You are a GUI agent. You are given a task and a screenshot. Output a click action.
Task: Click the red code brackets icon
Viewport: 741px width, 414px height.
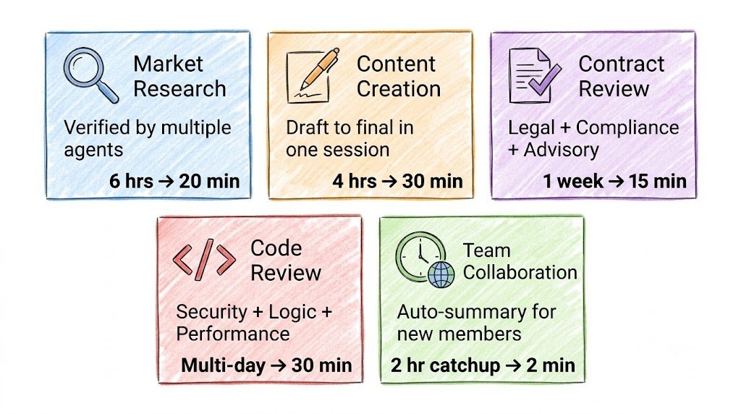tap(204, 259)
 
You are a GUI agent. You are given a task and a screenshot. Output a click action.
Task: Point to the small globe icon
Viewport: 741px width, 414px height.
tap(441, 274)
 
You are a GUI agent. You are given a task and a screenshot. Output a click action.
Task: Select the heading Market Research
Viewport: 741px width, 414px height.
tap(179, 76)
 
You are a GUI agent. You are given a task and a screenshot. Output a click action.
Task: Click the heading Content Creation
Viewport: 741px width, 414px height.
tap(399, 76)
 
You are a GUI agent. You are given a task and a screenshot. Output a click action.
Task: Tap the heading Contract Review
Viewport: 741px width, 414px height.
tap(622, 76)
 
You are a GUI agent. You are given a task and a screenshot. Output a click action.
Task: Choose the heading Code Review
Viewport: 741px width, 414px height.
tap(285, 261)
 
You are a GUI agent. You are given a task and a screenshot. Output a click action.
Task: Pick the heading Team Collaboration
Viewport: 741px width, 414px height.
tap(520, 261)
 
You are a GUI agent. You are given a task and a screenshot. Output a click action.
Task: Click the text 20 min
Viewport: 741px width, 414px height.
tap(209, 181)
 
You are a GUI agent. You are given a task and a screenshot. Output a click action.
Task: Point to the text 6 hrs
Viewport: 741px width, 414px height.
tap(132, 181)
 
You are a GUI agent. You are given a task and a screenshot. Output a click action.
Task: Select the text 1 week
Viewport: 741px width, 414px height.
tap(573, 181)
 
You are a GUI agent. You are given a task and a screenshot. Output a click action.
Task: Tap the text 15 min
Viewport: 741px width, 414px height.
tap(657, 181)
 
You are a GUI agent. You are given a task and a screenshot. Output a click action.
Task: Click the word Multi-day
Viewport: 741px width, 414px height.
tap(223, 366)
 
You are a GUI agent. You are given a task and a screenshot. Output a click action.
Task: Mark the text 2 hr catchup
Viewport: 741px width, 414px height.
tap(445, 366)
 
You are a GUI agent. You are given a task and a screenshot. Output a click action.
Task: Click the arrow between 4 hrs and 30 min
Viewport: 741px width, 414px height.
tap(389, 182)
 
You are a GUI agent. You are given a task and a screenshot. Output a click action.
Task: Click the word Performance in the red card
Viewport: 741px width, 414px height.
tap(233, 334)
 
